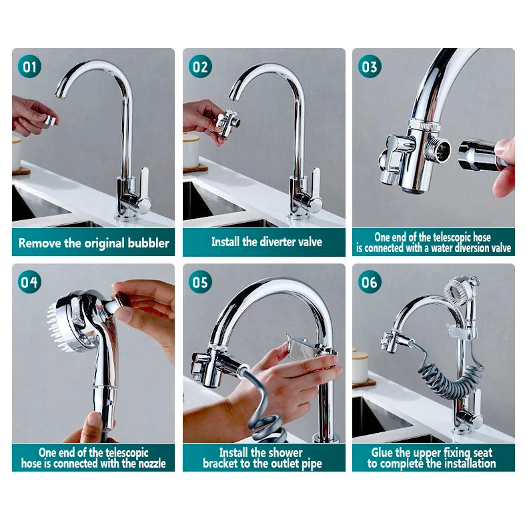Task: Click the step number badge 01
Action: click(x=29, y=67)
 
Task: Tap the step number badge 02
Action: click(x=200, y=67)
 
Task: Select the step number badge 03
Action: click(x=370, y=67)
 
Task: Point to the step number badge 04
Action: click(x=29, y=282)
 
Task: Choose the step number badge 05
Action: click(x=200, y=282)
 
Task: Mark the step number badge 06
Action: click(x=370, y=282)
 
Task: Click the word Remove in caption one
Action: click(x=39, y=243)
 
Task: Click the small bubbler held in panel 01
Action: click(x=50, y=120)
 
